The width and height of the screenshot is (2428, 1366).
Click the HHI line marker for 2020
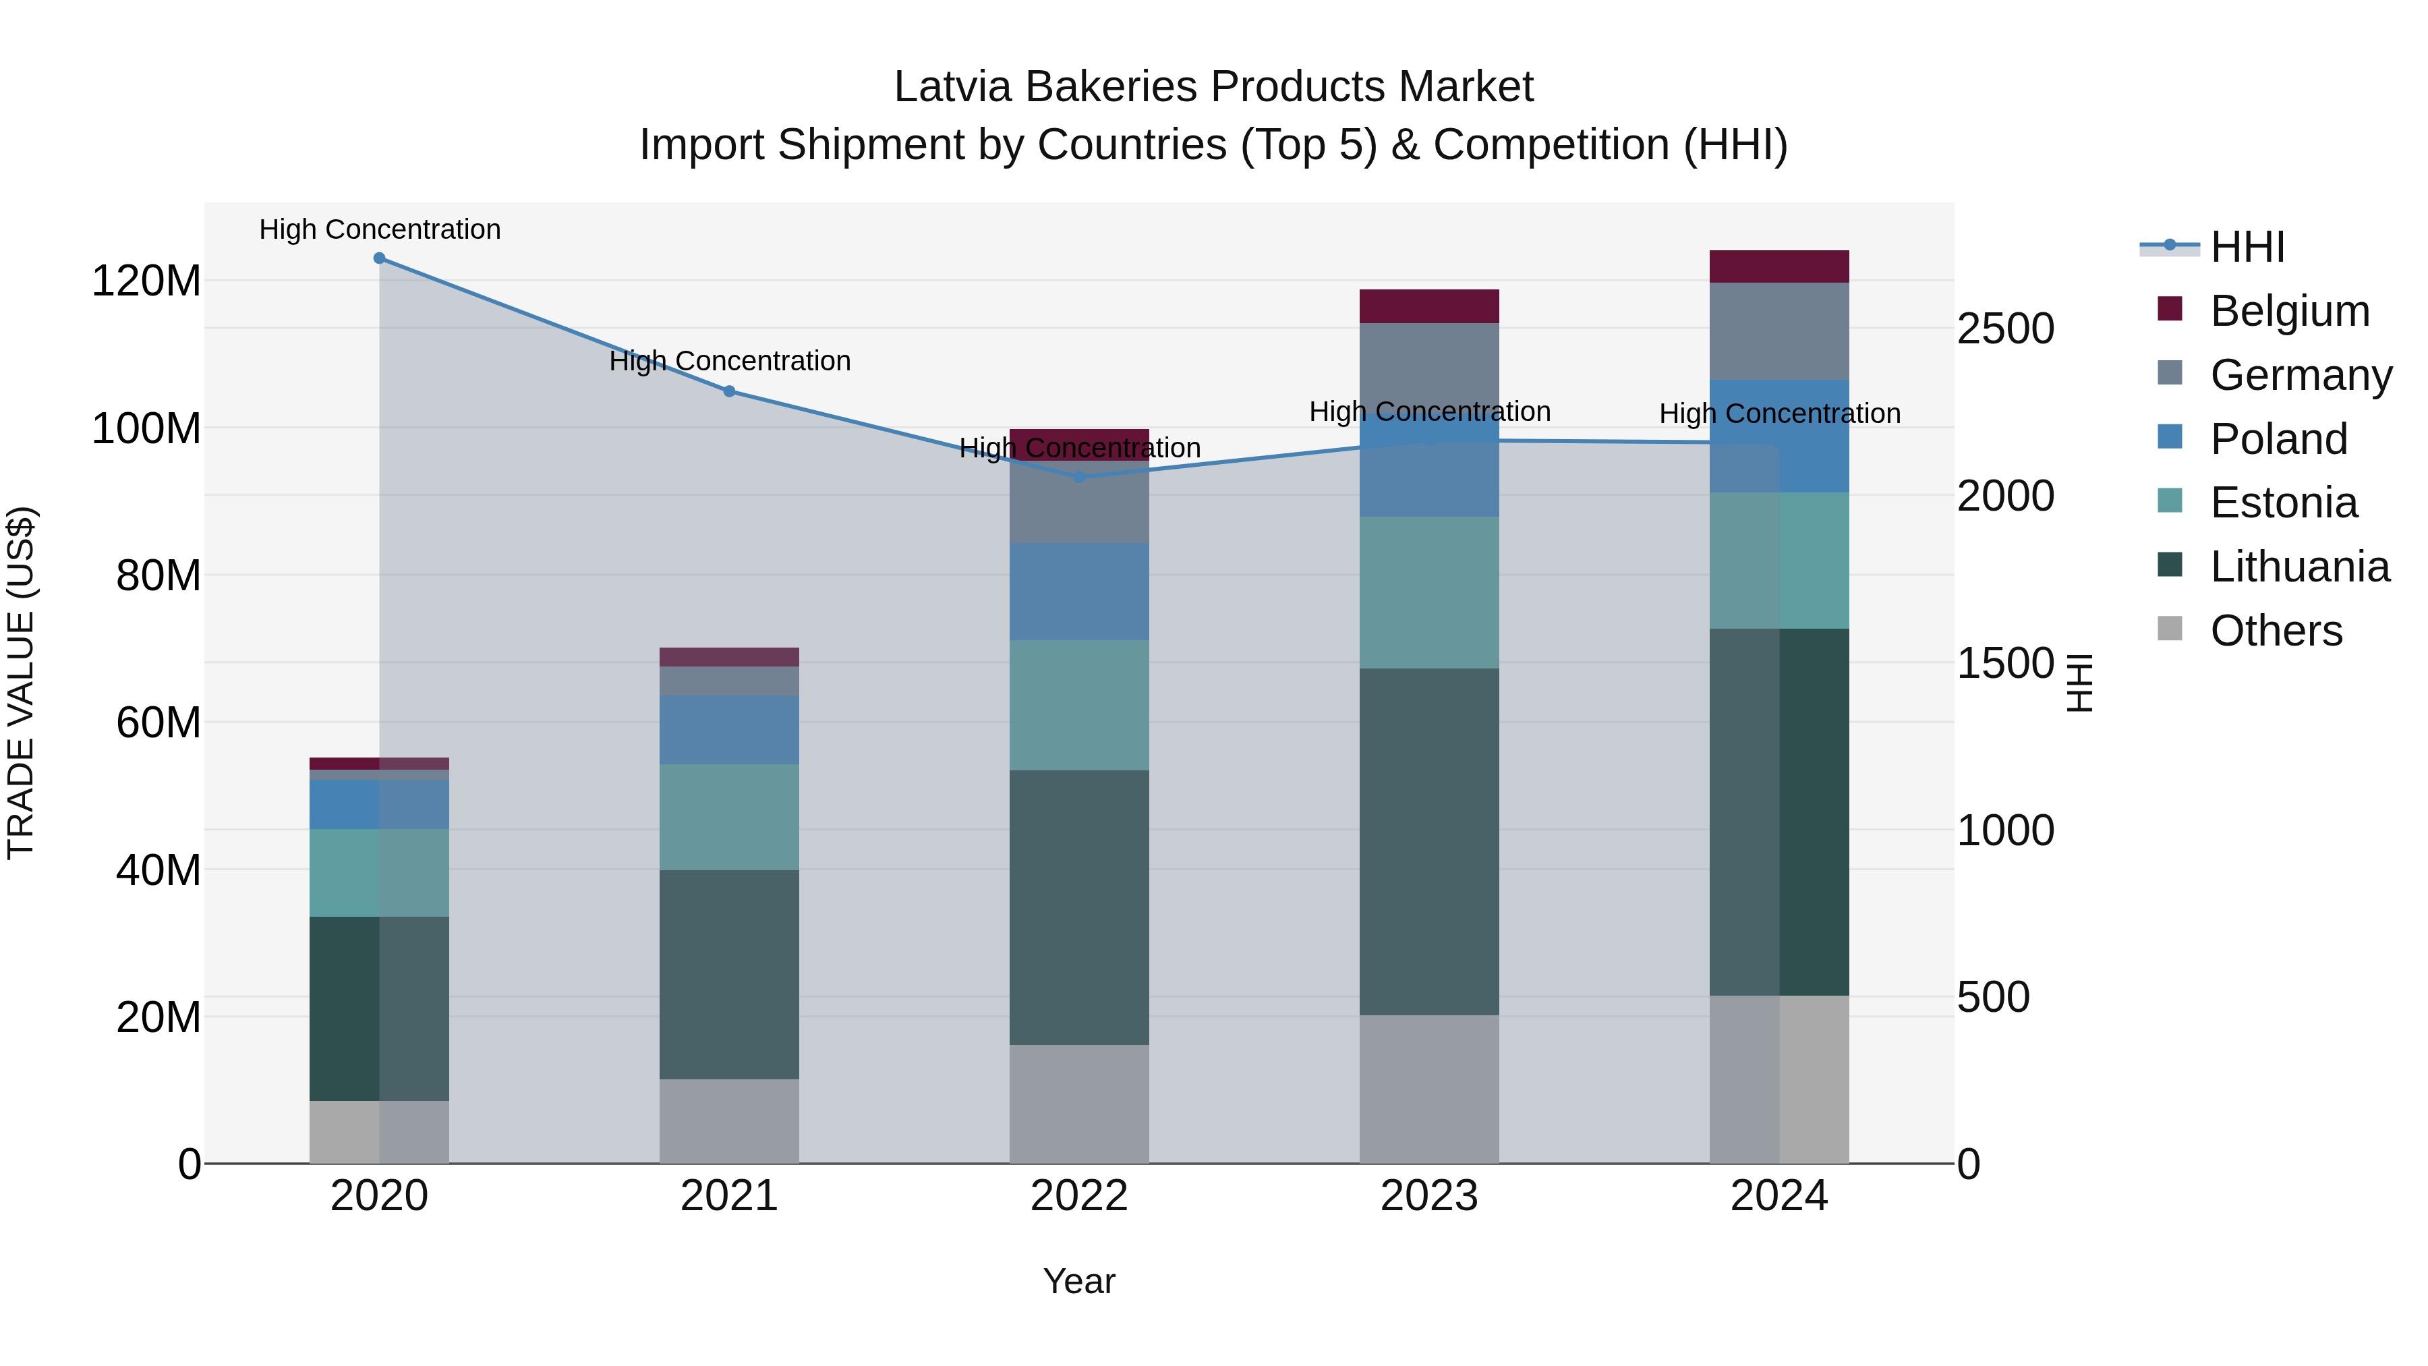pos(379,258)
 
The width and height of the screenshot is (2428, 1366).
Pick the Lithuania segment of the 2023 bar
pos(1429,841)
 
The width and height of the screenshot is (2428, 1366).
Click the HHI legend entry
pos(2247,247)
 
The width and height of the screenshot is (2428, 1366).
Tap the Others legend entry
pos(2276,631)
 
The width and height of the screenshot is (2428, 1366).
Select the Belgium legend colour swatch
pos(2170,309)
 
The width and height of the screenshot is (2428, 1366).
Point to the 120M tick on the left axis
pos(146,281)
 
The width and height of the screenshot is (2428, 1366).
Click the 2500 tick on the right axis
pos(2006,329)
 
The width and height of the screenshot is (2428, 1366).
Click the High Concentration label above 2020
pos(380,229)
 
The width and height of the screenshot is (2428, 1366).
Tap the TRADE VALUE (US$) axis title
pos(21,683)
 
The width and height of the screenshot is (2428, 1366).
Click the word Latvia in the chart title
pos(952,87)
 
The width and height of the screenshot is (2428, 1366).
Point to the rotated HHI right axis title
pos(2079,683)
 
